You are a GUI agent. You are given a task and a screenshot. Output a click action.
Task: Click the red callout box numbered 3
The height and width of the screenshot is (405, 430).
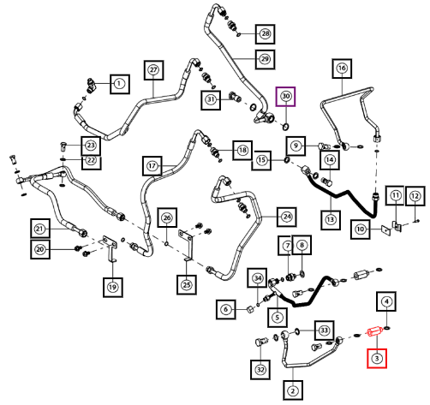click(x=377, y=358)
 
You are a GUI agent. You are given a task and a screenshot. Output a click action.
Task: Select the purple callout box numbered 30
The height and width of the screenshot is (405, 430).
click(x=285, y=97)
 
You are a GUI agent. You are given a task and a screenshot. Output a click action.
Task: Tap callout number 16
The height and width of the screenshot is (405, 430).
click(x=342, y=68)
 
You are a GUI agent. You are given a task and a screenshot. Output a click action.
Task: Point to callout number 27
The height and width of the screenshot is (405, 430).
click(x=153, y=70)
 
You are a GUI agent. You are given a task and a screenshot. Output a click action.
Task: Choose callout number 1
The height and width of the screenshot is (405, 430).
click(x=120, y=84)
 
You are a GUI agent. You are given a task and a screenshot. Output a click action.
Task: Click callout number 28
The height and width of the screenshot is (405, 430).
click(x=266, y=34)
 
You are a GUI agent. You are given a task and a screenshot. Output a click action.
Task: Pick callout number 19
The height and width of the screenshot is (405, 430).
click(x=113, y=287)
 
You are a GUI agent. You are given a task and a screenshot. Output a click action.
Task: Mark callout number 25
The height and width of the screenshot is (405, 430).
click(x=187, y=285)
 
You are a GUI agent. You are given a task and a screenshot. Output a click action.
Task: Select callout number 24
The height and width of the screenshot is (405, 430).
click(x=287, y=217)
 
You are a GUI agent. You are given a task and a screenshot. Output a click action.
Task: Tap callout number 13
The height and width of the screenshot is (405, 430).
click(x=331, y=220)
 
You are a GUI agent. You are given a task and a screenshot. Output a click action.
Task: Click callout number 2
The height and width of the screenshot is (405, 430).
click(x=293, y=390)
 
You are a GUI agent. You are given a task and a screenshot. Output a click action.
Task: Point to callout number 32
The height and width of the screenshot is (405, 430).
click(x=260, y=370)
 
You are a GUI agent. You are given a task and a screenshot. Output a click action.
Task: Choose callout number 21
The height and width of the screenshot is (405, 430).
click(x=40, y=229)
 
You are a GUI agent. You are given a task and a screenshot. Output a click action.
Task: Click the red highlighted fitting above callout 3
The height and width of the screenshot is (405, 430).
click(x=374, y=332)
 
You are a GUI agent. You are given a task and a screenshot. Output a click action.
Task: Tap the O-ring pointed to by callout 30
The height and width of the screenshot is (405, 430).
click(x=285, y=126)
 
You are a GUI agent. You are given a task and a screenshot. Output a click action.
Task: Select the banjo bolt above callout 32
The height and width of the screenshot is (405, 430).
click(x=260, y=342)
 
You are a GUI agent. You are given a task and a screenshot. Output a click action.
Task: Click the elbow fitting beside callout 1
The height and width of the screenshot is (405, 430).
click(x=92, y=85)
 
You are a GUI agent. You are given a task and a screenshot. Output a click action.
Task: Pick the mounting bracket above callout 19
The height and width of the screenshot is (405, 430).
click(x=108, y=247)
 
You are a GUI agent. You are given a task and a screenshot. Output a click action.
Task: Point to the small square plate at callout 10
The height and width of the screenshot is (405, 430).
click(x=385, y=229)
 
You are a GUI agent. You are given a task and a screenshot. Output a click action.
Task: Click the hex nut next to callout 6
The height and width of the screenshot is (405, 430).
click(x=250, y=309)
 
